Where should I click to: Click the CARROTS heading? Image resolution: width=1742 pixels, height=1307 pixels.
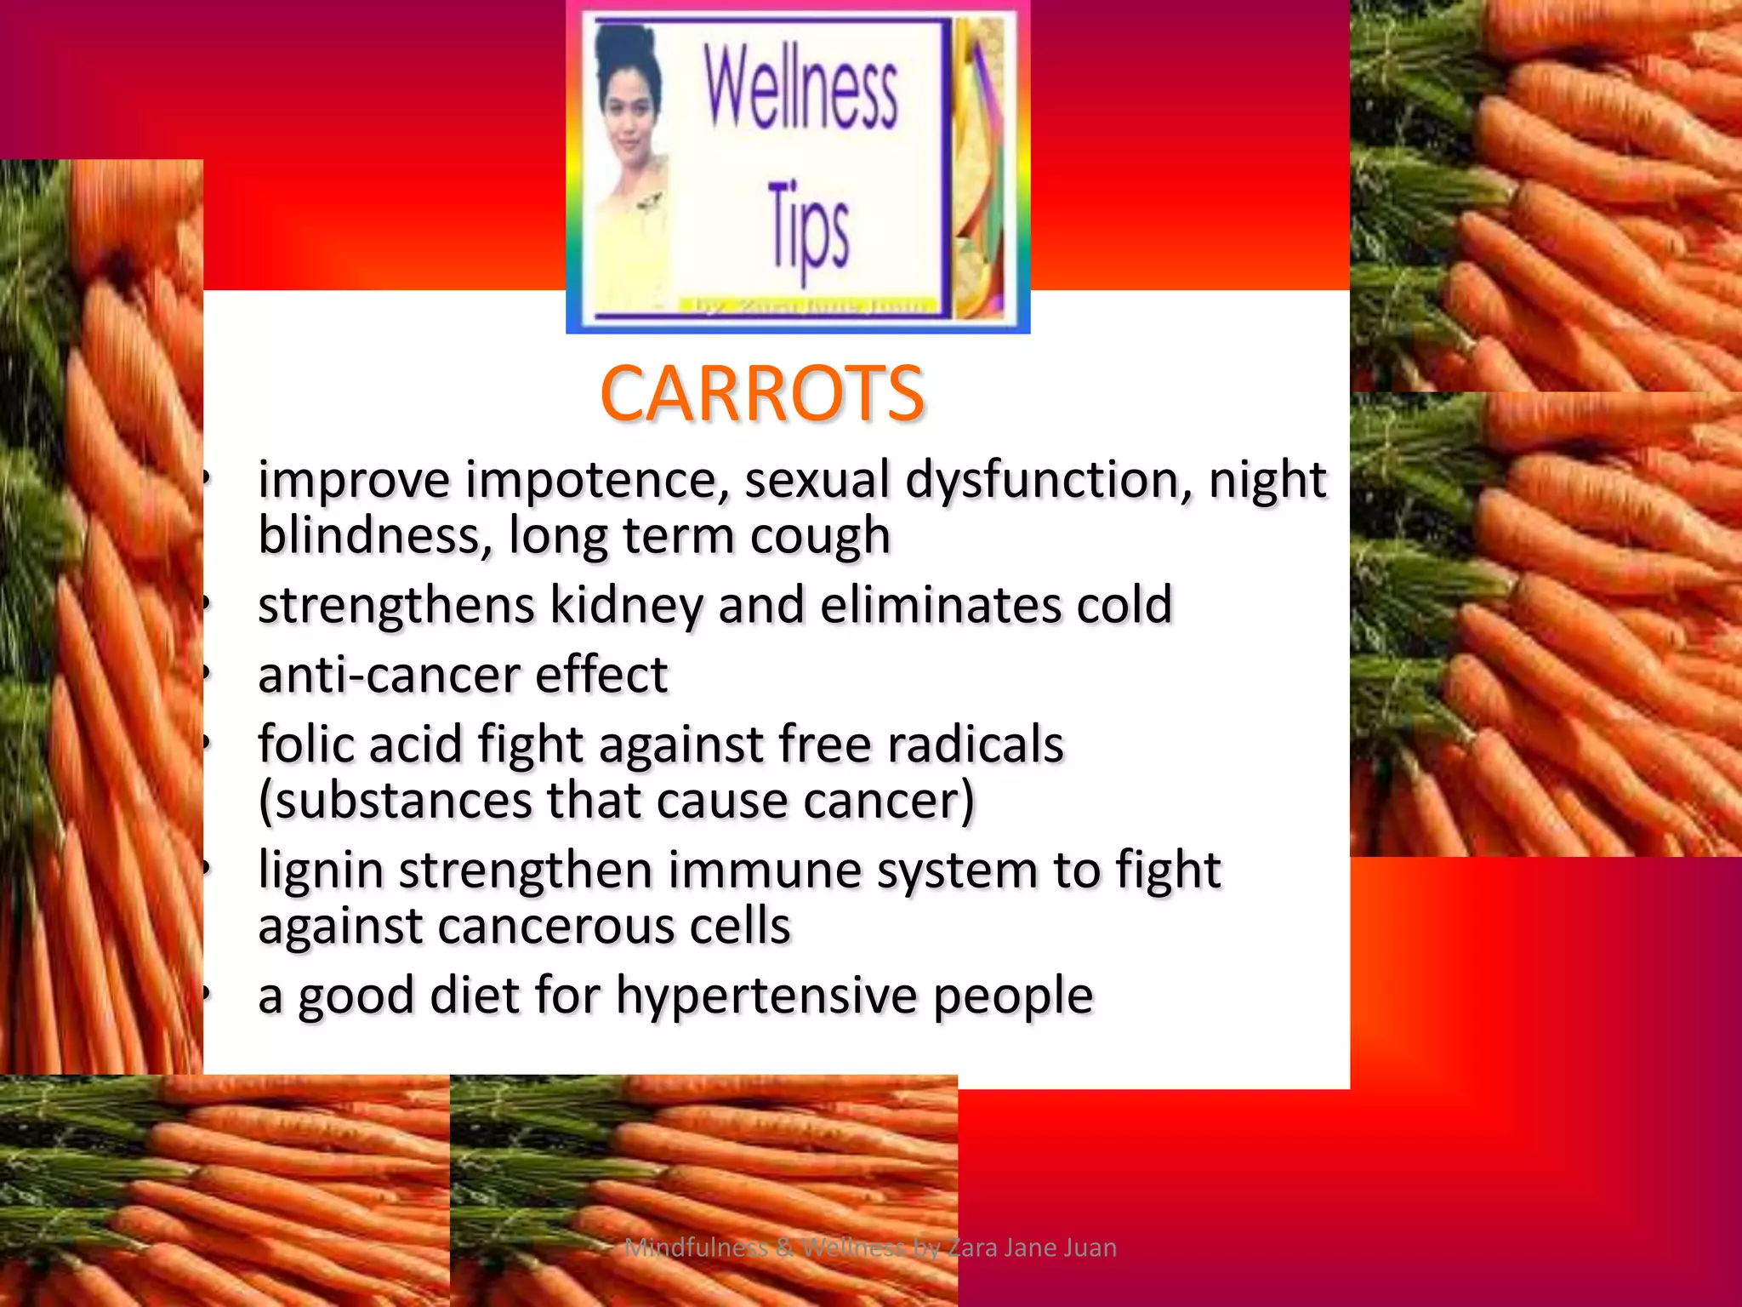tap(761, 394)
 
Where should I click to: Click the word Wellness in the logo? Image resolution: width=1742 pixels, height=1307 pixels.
tap(800, 89)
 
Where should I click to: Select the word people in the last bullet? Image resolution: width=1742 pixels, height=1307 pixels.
tap(1012, 996)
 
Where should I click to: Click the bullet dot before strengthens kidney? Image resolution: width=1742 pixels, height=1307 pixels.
tap(206, 605)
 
